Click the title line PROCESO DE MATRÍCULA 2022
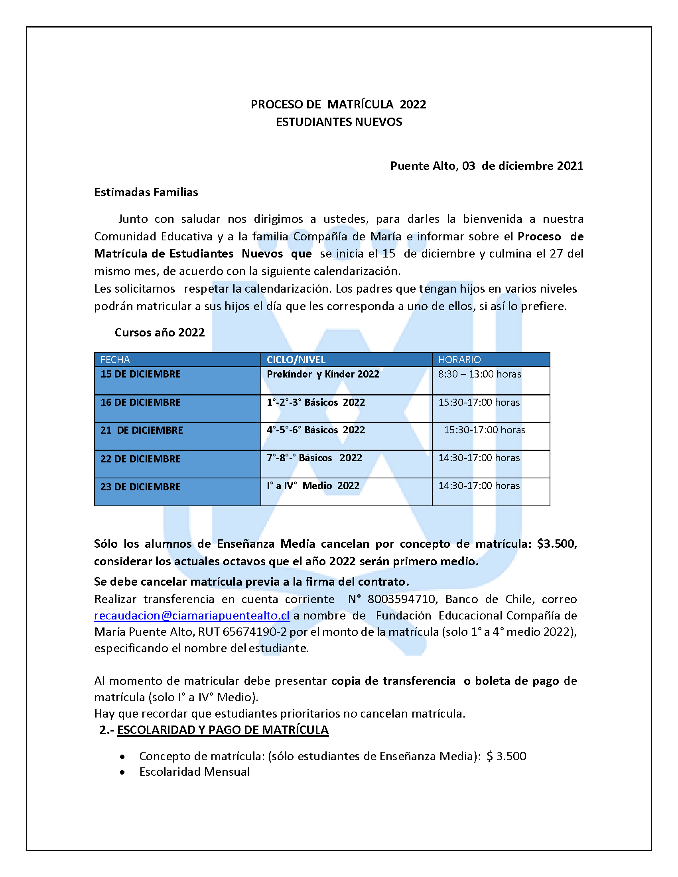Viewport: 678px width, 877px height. click(338, 104)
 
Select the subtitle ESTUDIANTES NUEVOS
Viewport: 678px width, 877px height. click(339, 122)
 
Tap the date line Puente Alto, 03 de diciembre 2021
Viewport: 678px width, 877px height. click(487, 166)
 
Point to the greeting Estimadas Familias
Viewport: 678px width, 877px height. click(146, 193)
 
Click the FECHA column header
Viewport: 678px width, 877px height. click(115, 360)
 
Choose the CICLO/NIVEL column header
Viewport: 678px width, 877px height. click(296, 360)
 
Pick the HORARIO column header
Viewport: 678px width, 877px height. click(459, 360)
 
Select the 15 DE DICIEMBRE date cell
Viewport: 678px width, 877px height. click(140, 374)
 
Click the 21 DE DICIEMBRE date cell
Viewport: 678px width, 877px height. click(142, 431)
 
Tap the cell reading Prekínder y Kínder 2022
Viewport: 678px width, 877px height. click(323, 374)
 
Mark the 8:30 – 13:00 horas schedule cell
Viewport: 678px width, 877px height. click(479, 374)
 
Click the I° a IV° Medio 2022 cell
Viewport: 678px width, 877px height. click(313, 486)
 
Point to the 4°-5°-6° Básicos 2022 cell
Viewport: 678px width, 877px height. click(316, 430)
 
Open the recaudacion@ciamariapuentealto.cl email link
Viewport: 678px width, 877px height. click(192, 615)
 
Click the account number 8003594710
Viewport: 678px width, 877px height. click(401, 599)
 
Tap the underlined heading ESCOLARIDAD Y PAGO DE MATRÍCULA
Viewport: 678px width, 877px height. click(223, 730)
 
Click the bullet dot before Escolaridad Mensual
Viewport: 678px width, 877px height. click(122, 772)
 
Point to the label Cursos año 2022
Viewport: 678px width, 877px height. click(160, 332)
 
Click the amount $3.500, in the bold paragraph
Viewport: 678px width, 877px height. click(557, 544)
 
